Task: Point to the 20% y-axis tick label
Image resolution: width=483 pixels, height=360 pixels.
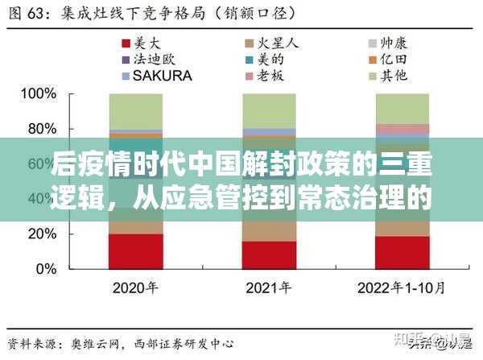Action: click(x=39, y=234)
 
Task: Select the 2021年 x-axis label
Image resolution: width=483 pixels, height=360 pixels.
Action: click(x=268, y=288)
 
